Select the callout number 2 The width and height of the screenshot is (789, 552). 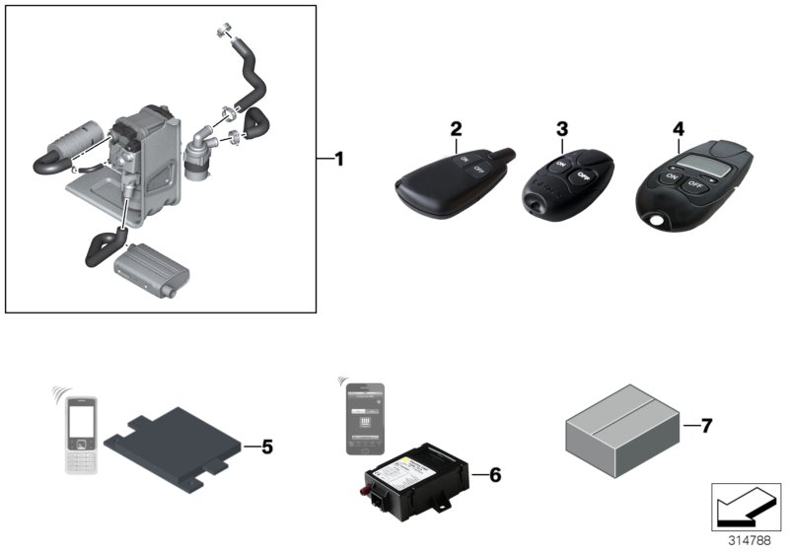tap(456, 129)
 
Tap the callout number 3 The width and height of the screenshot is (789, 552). tap(562, 129)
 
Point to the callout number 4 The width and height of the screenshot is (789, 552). tap(679, 129)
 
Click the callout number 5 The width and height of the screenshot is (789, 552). tap(266, 447)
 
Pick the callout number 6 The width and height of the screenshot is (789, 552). tap(495, 475)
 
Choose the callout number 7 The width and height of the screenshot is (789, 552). tap(706, 426)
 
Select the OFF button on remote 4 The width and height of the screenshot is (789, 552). tap(696, 183)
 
